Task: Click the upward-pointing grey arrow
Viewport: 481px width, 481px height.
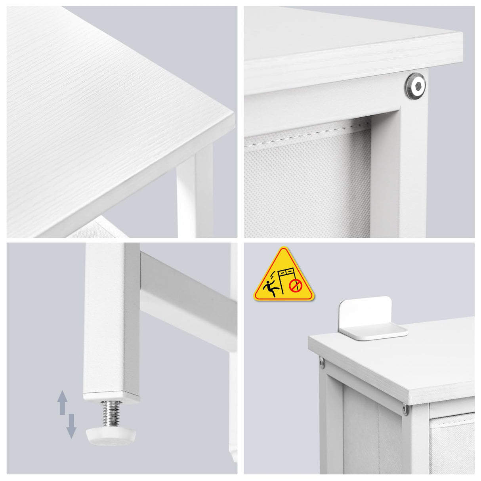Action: pyautogui.click(x=62, y=402)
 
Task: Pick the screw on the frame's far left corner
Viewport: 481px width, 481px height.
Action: pyautogui.click(x=322, y=361)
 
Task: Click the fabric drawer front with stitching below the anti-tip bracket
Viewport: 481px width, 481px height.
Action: pyautogui.click(x=452, y=444)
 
